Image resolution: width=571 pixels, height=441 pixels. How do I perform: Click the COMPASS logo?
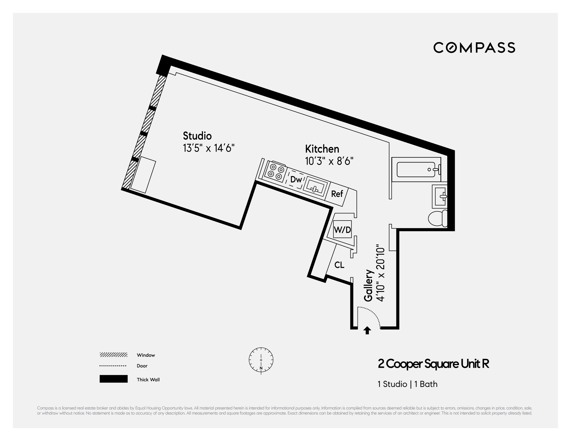(474, 48)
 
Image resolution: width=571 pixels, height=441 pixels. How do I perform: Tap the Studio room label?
(197, 136)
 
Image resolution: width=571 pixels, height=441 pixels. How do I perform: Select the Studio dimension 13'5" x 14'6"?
(208, 148)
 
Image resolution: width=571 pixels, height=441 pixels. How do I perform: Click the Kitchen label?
(322, 149)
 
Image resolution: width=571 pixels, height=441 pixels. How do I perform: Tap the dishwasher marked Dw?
(296, 179)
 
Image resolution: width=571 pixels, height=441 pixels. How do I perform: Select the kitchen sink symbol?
(315, 187)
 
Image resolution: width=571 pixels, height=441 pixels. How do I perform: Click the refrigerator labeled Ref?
(337, 194)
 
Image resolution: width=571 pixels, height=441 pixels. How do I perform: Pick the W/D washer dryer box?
(342, 230)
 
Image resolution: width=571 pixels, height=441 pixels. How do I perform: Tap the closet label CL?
(339, 265)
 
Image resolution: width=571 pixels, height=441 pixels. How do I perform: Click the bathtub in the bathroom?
(416, 169)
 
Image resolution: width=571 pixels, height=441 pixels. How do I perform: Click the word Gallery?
(368, 285)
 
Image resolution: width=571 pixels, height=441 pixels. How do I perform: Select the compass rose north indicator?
(261, 360)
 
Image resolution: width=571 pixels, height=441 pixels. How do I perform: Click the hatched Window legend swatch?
(113, 355)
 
